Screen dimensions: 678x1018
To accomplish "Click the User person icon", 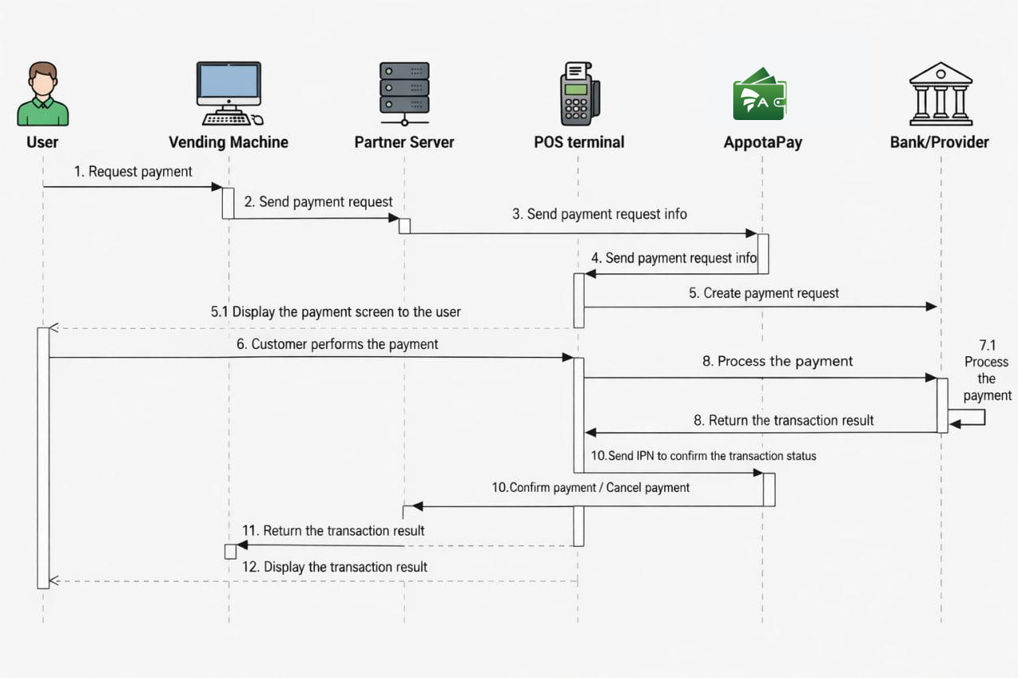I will pos(43,94).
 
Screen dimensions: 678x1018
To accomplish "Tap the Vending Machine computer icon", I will pos(229,94).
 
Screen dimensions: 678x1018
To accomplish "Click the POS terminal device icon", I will pos(578,94).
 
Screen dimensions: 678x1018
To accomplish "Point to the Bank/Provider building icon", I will pos(941,94).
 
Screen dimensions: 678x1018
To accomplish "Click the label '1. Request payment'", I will pos(133,172).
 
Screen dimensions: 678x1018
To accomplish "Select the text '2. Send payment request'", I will pos(318,202).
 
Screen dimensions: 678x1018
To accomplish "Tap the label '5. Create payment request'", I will pos(763,293).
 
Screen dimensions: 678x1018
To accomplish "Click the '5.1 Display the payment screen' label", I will pos(336,312).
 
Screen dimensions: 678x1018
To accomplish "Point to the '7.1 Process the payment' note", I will pos(987,370).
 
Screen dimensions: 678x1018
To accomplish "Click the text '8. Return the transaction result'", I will pos(783,420).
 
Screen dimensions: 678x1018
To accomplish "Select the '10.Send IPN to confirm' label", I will pos(703,456).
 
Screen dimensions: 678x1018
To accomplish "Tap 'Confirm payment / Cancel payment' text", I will pos(590,487).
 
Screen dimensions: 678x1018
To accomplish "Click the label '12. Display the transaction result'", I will pos(335,567).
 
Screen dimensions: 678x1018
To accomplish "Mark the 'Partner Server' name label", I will pos(404,142).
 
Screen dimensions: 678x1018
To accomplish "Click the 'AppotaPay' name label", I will pos(762,142).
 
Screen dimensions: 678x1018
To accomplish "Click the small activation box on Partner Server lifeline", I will pos(404,226).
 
